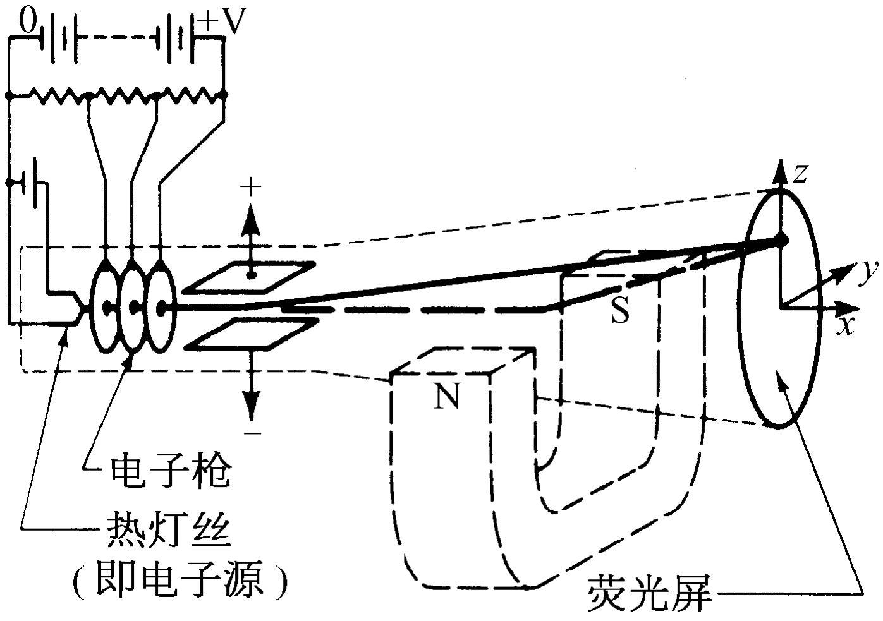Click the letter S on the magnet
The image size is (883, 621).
pyautogui.click(x=620, y=311)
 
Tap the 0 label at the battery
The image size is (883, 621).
pyautogui.click(x=28, y=23)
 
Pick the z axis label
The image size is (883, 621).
pyautogui.click(x=801, y=172)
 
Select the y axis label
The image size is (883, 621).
pyautogui.click(x=870, y=270)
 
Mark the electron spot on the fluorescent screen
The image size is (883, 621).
pyautogui.click(x=781, y=241)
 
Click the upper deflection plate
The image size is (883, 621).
pyautogui.click(x=252, y=276)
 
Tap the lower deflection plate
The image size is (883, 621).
pyautogui.click(x=252, y=333)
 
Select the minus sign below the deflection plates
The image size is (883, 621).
pyautogui.click(x=252, y=433)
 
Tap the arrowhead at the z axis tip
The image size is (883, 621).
pyautogui.click(x=781, y=173)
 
